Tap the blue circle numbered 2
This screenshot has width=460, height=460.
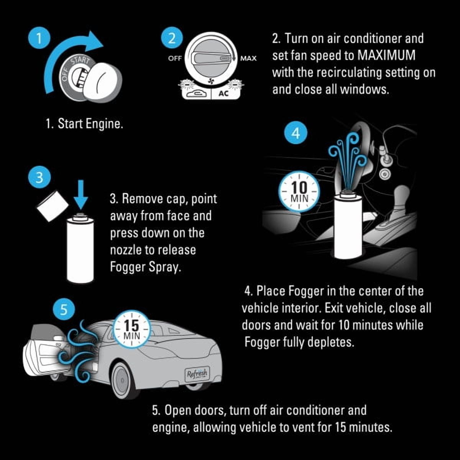172,39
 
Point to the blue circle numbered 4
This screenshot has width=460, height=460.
296,133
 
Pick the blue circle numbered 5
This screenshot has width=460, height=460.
64,310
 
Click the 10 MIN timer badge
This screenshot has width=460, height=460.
300,192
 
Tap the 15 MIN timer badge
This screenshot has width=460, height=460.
132,329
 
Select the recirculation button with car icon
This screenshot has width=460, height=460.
196,93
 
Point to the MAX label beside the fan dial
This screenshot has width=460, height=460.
248,58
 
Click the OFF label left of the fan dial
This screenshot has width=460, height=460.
175,58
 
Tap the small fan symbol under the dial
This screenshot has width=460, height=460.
211,81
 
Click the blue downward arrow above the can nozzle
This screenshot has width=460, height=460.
81,194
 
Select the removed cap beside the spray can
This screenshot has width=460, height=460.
53,206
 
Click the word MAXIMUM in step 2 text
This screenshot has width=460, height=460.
386,55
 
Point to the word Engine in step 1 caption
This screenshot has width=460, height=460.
104,124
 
